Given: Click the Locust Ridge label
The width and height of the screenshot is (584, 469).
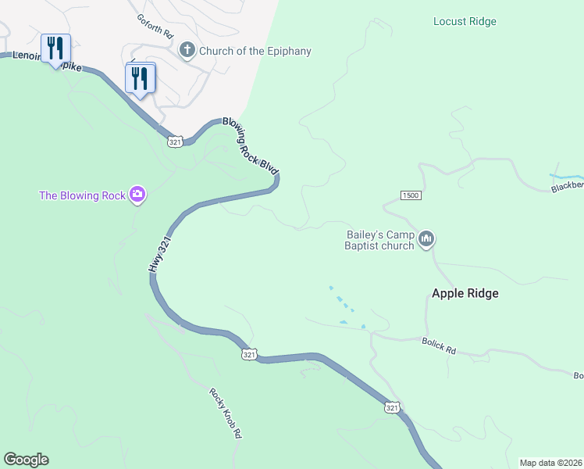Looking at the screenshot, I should pos(465,22).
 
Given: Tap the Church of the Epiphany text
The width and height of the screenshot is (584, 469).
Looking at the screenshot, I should pos(255,52).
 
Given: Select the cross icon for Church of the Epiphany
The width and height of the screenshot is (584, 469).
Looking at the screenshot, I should pos(187,51).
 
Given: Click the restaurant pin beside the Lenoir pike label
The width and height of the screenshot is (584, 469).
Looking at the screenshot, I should pos(55,48).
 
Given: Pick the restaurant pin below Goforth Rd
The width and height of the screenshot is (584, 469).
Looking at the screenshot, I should pos(141,78).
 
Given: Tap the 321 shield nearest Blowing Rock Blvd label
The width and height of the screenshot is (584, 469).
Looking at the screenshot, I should pos(175,141).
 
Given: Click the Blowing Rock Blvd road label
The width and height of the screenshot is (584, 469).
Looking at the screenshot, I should pos(251,146).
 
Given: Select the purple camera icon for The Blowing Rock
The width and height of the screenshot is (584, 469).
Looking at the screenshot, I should pos(137,195).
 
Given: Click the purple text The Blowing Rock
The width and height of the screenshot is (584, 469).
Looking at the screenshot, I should pos(82,195).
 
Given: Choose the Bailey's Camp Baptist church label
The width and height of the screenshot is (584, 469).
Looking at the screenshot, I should pos(379,240).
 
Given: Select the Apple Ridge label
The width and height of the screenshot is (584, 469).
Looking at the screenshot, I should pos(465,294).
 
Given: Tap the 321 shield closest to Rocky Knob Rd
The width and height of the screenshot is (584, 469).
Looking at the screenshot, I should pos(249,355).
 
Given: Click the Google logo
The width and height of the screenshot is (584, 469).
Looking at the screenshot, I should pos(26,460).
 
